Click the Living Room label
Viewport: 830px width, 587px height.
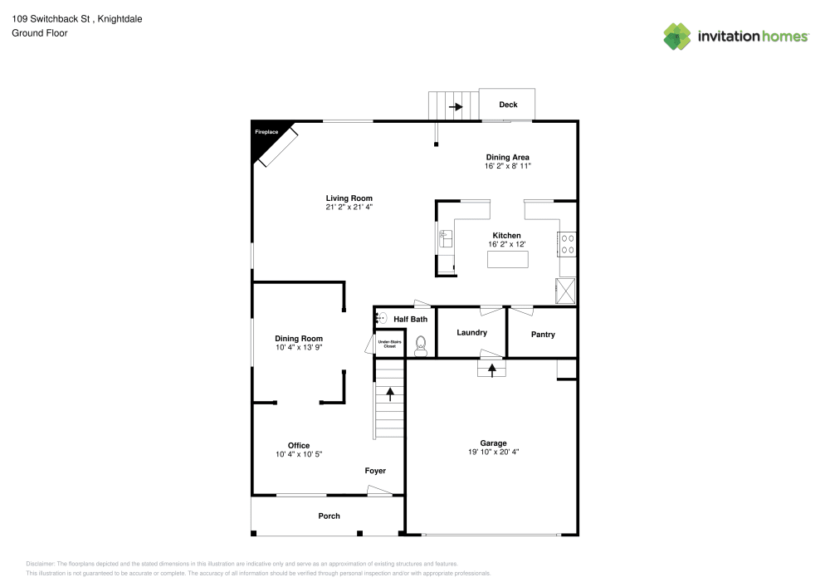point(349,198)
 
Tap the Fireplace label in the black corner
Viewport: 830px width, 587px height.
point(266,132)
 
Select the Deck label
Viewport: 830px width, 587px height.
point(508,105)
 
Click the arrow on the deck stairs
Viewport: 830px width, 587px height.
point(455,106)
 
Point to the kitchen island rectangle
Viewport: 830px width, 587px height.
point(507,260)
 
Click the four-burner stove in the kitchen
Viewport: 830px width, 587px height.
point(568,244)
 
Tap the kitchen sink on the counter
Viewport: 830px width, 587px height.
point(445,239)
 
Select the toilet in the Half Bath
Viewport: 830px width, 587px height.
point(421,345)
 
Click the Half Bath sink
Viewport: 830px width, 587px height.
point(381,318)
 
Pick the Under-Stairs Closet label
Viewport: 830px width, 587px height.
point(388,344)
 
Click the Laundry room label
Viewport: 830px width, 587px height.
point(471,333)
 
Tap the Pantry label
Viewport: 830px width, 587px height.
point(542,335)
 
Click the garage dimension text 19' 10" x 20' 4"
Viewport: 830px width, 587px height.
point(493,452)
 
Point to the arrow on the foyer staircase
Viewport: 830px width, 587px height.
point(390,394)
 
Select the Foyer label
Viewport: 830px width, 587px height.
point(375,471)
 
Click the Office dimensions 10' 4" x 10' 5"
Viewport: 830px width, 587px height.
point(299,454)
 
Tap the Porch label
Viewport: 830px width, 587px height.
point(329,516)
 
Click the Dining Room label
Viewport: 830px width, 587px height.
point(299,338)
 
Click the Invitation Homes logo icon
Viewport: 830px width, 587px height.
point(677,36)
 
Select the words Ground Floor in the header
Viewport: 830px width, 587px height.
point(39,33)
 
